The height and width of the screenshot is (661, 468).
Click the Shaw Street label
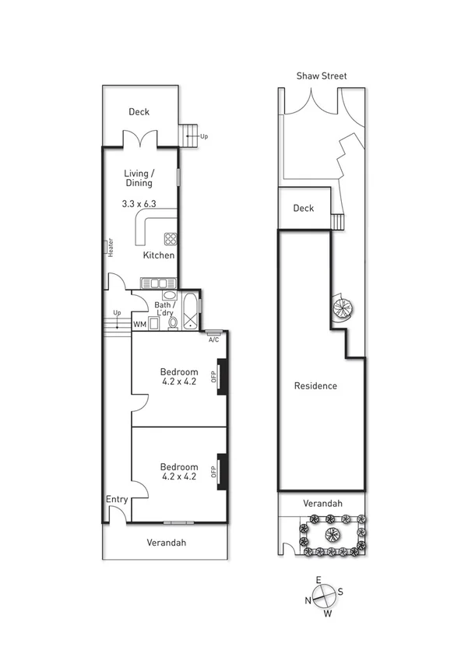tap(321, 76)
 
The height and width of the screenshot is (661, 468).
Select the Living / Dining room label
tap(139, 178)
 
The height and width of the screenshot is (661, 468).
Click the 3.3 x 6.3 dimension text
tap(139, 204)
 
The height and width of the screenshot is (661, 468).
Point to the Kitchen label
tap(158, 255)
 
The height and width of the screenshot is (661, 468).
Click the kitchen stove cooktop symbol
tap(171, 239)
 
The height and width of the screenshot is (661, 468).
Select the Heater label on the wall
tap(111, 247)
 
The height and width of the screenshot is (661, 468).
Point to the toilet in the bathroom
tap(173, 322)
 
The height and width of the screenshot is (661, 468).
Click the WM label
tap(140, 324)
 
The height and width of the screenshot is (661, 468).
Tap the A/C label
tap(213, 339)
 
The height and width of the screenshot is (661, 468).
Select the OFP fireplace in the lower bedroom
tap(220, 471)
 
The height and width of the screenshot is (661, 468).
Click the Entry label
tap(117, 500)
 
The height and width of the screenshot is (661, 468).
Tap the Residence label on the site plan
tap(315, 386)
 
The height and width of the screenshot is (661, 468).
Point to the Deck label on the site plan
tap(303, 209)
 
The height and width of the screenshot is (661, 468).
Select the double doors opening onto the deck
tap(141, 140)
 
